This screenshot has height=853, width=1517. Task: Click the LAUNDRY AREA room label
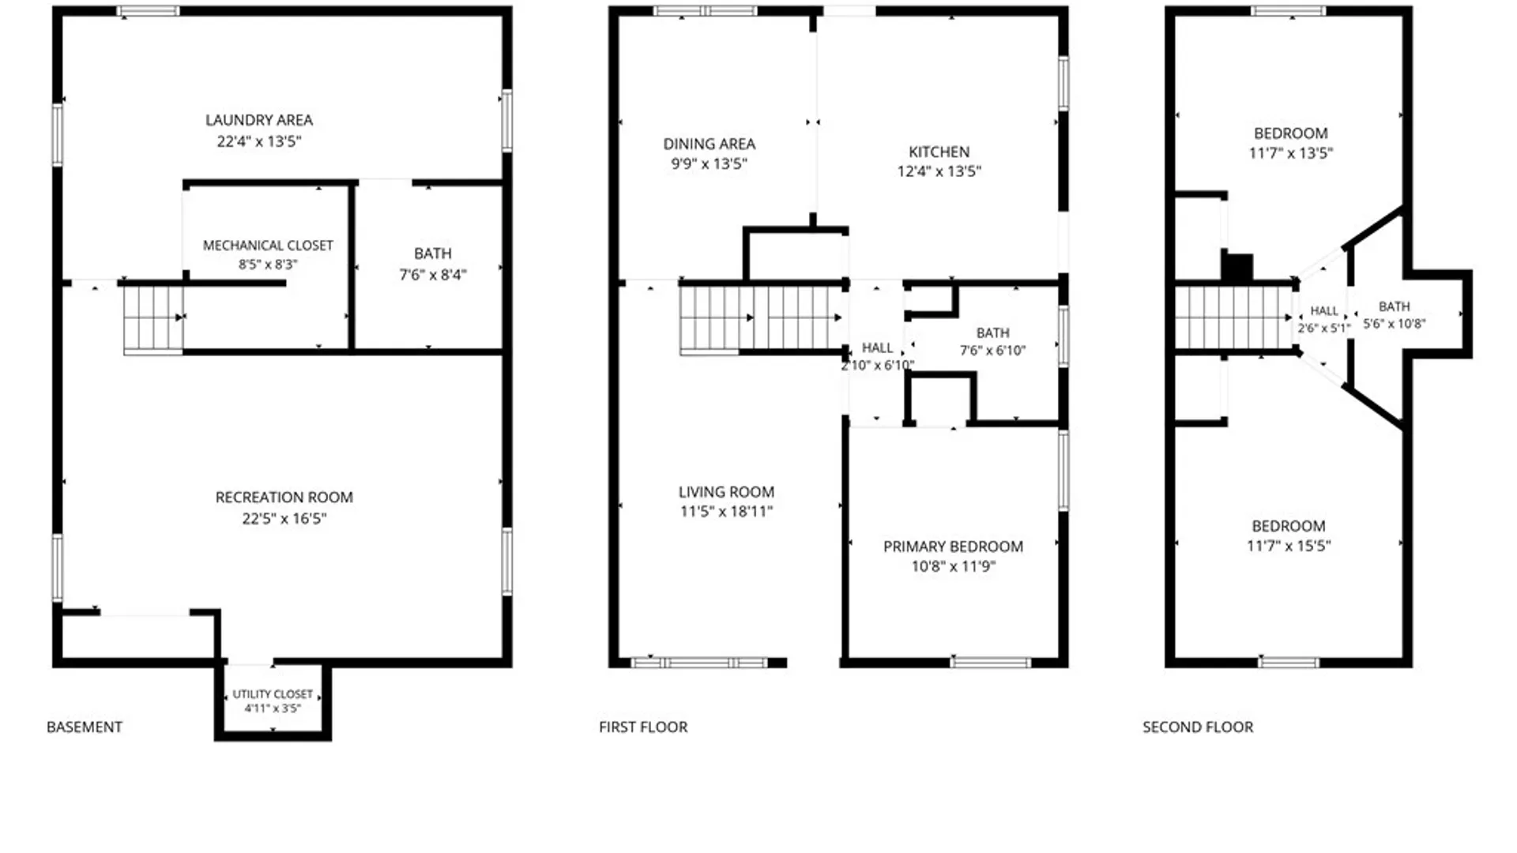(x=259, y=120)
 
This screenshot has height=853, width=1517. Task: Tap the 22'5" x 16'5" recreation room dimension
(x=284, y=519)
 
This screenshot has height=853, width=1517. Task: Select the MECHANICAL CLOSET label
(x=268, y=246)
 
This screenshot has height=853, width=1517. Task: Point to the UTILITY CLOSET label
(x=273, y=694)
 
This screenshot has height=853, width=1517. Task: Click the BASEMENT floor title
(x=85, y=727)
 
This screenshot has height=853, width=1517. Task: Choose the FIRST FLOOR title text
(x=643, y=727)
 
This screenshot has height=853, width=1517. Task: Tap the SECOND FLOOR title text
(x=1198, y=727)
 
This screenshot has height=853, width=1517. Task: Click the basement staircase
(x=153, y=319)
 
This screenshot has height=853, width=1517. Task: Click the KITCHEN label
(x=939, y=152)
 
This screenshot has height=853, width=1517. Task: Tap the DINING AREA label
(x=709, y=144)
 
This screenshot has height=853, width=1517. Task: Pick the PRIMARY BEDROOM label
(x=953, y=547)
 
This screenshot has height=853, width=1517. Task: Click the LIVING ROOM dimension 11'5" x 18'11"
(x=726, y=511)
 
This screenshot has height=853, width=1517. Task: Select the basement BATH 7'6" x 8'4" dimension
(x=433, y=275)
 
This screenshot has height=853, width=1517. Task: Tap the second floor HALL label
(x=1324, y=311)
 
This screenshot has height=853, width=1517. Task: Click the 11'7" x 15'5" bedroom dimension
(x=1289, y=546)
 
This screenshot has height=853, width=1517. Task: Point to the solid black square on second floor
(x=1238, y=267)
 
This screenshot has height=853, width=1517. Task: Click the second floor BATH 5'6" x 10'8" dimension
(x=1394, y=324)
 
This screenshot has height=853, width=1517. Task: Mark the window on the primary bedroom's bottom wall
(x=990, y=662)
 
